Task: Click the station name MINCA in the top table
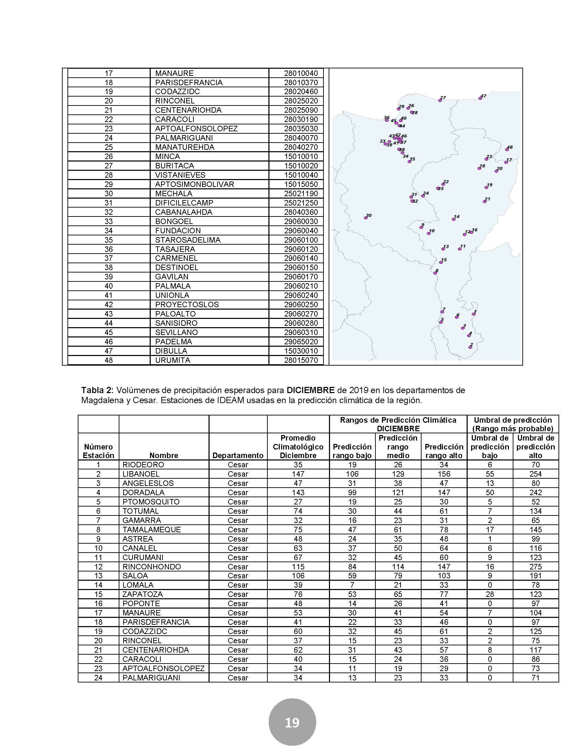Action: (x=167, y=156)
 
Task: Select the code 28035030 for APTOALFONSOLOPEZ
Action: (x=301, y=129)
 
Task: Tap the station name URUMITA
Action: (x=173, y=360)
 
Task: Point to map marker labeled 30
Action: (x=365, y=218)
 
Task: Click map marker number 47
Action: (x=480, y=98)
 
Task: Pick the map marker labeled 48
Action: (x=507, y=149)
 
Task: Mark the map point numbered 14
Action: (x=454, y=219)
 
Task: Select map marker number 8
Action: (x=435, y=273)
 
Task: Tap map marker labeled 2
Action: (x=470, y=347)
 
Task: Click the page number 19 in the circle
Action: (x=292, y=722)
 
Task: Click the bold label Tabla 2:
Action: (x=97, y=390)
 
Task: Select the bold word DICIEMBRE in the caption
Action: (x=310, y=390)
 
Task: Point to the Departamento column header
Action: (x=238, y=456)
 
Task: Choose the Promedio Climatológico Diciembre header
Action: (x=298, y=447)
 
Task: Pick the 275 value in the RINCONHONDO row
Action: (x=535, y=567)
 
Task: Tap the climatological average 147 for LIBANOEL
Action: (x=298, y=474)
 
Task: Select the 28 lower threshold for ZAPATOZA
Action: (x=490, y=594)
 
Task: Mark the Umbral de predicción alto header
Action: (x=535, y=447)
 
